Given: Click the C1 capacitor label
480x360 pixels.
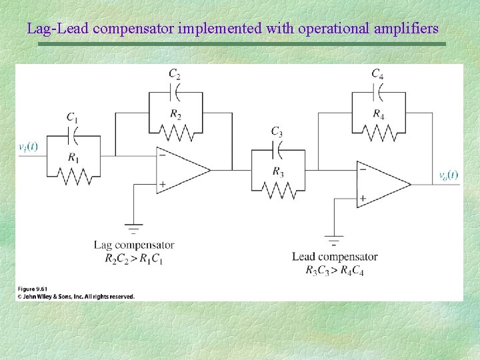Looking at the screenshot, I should pyautogui.click(x=72, y=118).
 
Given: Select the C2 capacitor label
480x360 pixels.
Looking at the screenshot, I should pyautogui.click(x=174, y=73).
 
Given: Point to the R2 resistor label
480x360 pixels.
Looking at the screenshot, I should pyautogui.click(x=175, y=114).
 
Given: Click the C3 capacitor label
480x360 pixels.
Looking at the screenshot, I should pyautogui.click(x=277, y=131).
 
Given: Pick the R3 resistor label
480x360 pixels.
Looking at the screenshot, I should pyautogui.click(x=278, y=171).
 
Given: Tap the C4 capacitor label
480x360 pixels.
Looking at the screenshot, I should pyautogui.click(x=377, y=73).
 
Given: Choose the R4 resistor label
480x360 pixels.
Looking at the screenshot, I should pyautogui.click(x=378, y=114).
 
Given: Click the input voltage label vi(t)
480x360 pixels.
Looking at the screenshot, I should pyautogui.click(x=27, y=146).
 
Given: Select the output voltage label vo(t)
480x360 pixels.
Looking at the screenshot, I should pyautogui.click(x=447, y=175).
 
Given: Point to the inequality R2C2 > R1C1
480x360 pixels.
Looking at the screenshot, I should pyautogui.click(x=134, y=258).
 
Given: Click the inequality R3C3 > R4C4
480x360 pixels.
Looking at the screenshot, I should pyautogui.click(x=335, y=269).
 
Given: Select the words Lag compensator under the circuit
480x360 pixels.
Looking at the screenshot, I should pyautogui.click(x=134, y=245).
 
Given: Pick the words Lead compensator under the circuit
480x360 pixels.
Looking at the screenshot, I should pyautogui.click(x=335, y=257).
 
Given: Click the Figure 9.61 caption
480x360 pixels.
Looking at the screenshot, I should pyautogui.click(x=31, y=289).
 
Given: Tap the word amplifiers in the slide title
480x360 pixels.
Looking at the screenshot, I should pyautogui.click(x=402, y=29).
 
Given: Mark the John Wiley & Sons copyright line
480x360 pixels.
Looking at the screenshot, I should pyautogui.click(x=75, y=297).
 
